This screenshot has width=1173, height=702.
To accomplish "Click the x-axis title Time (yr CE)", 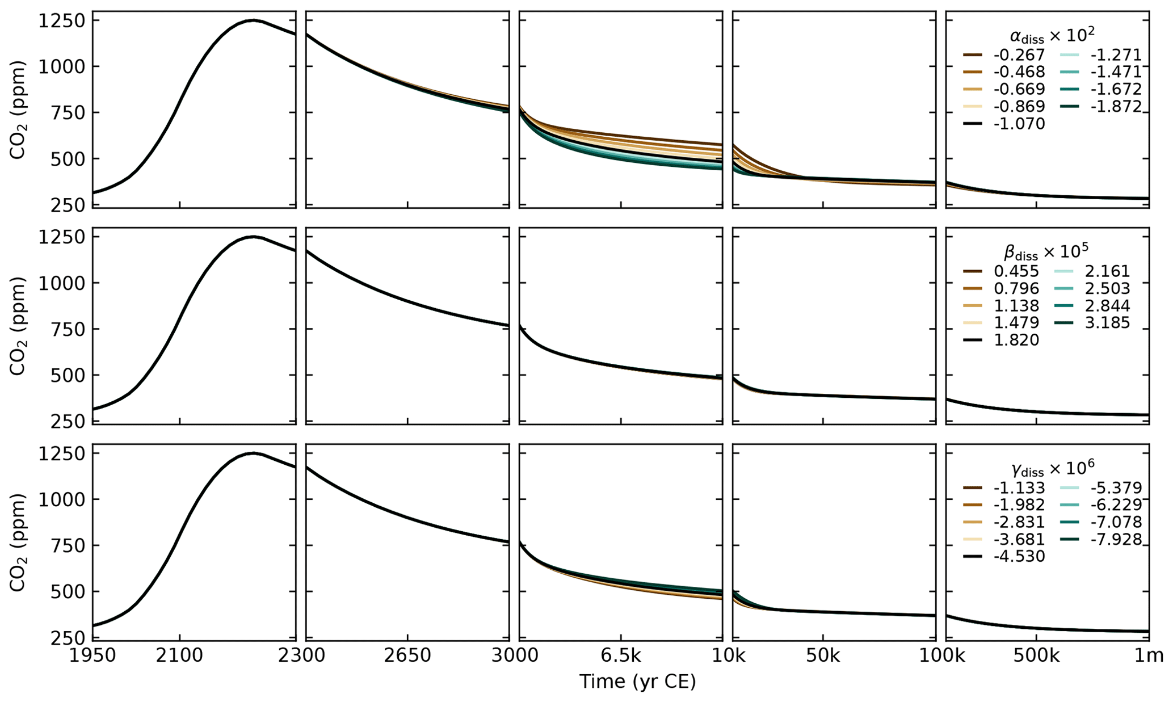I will (x=637, y=681).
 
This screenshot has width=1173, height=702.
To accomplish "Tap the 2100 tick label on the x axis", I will (x=179, y=656).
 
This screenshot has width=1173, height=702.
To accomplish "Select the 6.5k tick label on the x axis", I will (x=621, y=656).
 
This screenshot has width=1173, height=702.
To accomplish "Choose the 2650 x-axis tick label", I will (x=407, y=656).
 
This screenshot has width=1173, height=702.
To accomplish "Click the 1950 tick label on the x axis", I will (x=93, y=656).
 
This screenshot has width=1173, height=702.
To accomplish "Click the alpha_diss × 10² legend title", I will (x=1052, y=36).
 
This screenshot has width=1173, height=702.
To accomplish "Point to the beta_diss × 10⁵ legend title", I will (x=1046, y=252).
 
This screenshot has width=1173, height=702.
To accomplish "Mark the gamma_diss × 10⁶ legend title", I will (x=1052, y=469).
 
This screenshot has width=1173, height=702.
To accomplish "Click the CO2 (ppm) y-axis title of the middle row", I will (x=18, y=326).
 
